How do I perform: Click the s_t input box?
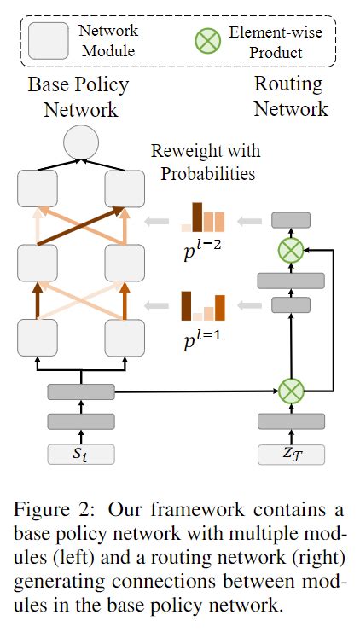point(80,453)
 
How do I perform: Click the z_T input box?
point(291,453)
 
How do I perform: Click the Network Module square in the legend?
point(49,40)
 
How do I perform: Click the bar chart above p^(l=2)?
point(202,218)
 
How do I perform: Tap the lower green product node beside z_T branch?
point(291,391)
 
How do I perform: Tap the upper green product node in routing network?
point(291,250)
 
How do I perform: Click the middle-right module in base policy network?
point(124,262)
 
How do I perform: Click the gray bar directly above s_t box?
point(80,421)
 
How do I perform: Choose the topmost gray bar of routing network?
point(291,220)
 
